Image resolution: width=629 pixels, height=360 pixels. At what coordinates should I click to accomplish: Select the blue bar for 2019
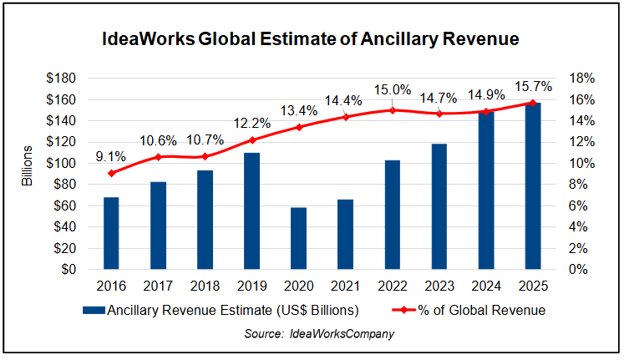pyautogui.click(x=251, y=210)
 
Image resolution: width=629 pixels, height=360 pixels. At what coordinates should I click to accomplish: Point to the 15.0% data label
pyautogui.click(x=392, y=90)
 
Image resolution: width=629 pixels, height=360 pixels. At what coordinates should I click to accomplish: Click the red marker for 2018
pyautogui.click(x=205, y=156)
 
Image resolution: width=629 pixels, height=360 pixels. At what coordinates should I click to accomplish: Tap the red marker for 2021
pyautogui.click(x=346, y=116)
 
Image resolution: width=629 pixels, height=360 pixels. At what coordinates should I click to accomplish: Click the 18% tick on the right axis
pyautogui.click(x=581, y=79)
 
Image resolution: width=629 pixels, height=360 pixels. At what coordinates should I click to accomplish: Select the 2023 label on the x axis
pyautogui.click(x=439, y=286)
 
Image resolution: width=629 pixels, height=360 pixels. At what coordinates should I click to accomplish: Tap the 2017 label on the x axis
pyautogui.click(x=159, y=286)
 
